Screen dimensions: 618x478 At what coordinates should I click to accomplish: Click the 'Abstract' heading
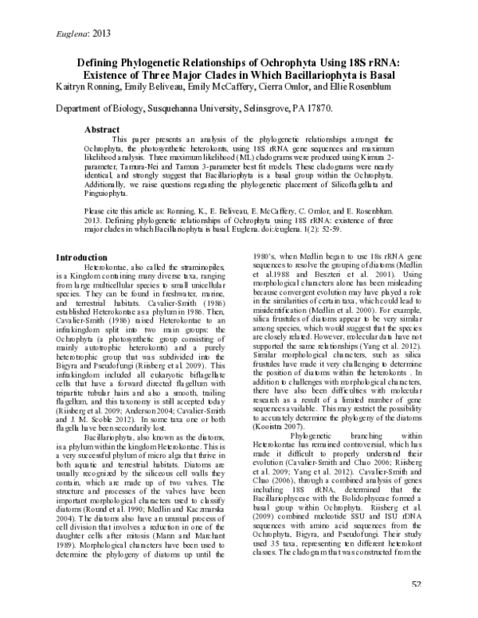102,129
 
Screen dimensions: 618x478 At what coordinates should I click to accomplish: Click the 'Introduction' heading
80,258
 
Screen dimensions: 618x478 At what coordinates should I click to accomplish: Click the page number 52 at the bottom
416,608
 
